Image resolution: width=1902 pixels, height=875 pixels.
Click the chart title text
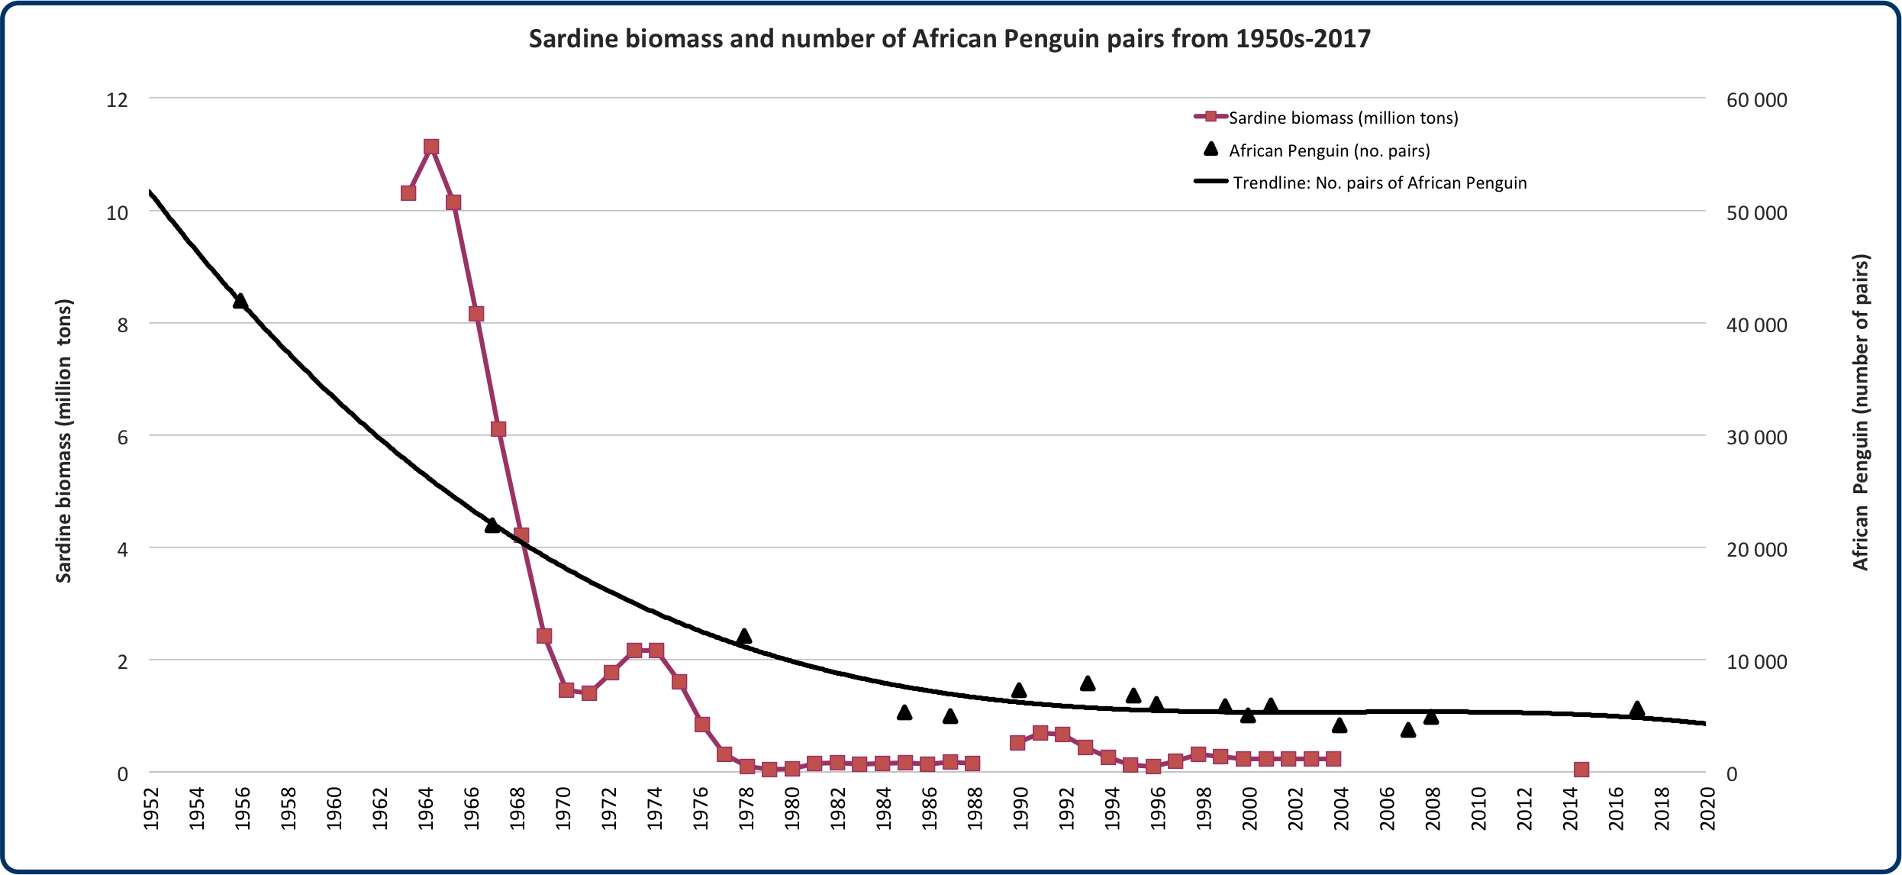949,39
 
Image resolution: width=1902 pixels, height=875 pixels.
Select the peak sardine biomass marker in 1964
431,147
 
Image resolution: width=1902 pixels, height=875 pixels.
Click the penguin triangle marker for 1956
240,302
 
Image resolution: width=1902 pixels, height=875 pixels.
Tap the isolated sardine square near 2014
1581,770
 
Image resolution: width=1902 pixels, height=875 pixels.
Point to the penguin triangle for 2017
1636,709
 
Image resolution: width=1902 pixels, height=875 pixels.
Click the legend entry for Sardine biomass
1343,118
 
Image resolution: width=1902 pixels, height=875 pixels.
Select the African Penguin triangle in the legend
1211,149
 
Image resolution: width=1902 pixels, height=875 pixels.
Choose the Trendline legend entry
1379,183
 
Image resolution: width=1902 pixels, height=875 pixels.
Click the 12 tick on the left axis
117,100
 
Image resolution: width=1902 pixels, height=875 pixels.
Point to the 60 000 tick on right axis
1756,100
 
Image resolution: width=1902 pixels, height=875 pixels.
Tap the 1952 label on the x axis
151,809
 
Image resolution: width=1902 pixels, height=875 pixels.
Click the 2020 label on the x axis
1707,809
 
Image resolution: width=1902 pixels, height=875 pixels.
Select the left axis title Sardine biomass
64,441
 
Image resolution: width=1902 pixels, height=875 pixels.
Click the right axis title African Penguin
1861,412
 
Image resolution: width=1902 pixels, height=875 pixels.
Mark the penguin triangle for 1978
744,637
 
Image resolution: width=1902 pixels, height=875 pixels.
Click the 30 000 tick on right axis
1756,437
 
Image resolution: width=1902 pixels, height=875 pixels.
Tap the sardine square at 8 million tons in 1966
476,314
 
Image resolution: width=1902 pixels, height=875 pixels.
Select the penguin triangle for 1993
1088,683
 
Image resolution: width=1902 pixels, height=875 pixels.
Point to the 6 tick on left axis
122,437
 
